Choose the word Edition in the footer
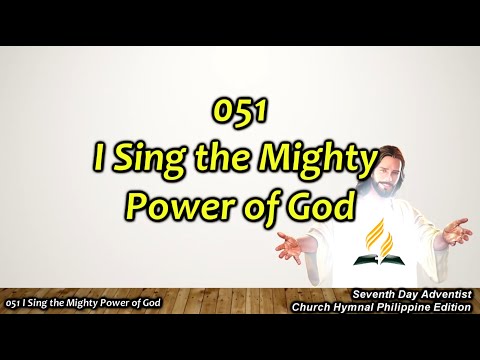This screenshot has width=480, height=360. [451, 305]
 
